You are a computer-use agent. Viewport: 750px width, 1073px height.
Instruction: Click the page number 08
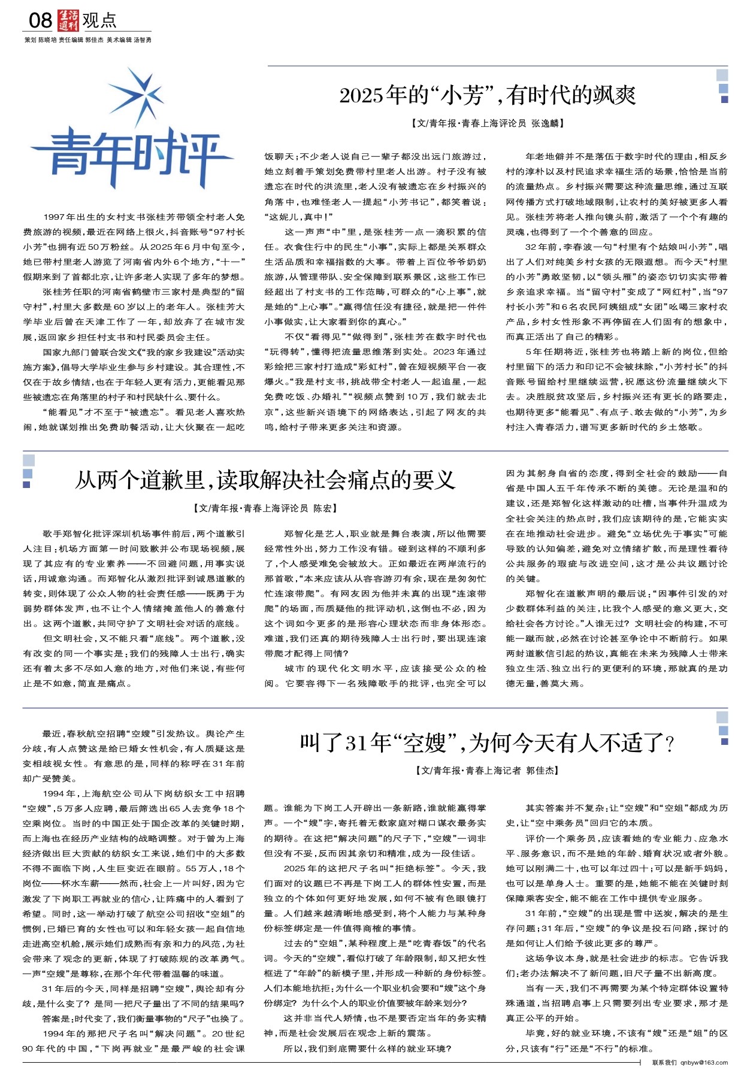(40, 21)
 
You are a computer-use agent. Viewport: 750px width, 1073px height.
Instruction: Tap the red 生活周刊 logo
(68, 21)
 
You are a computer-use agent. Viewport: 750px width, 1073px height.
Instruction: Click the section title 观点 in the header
(99, 21)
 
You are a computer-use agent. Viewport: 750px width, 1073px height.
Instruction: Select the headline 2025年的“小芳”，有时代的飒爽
(488, 95)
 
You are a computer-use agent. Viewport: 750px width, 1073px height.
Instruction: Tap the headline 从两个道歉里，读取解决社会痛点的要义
(265, 480)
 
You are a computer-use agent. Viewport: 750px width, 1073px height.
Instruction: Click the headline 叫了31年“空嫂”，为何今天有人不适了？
(488, 742)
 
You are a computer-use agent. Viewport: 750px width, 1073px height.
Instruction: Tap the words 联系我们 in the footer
(664, 1063)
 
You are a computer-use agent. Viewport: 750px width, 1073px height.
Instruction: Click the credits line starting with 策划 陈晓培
(87, 40)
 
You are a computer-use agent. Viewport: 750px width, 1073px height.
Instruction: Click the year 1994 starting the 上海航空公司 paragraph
(54, 793)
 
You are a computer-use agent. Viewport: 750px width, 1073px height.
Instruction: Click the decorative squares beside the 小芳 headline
(722, 87)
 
